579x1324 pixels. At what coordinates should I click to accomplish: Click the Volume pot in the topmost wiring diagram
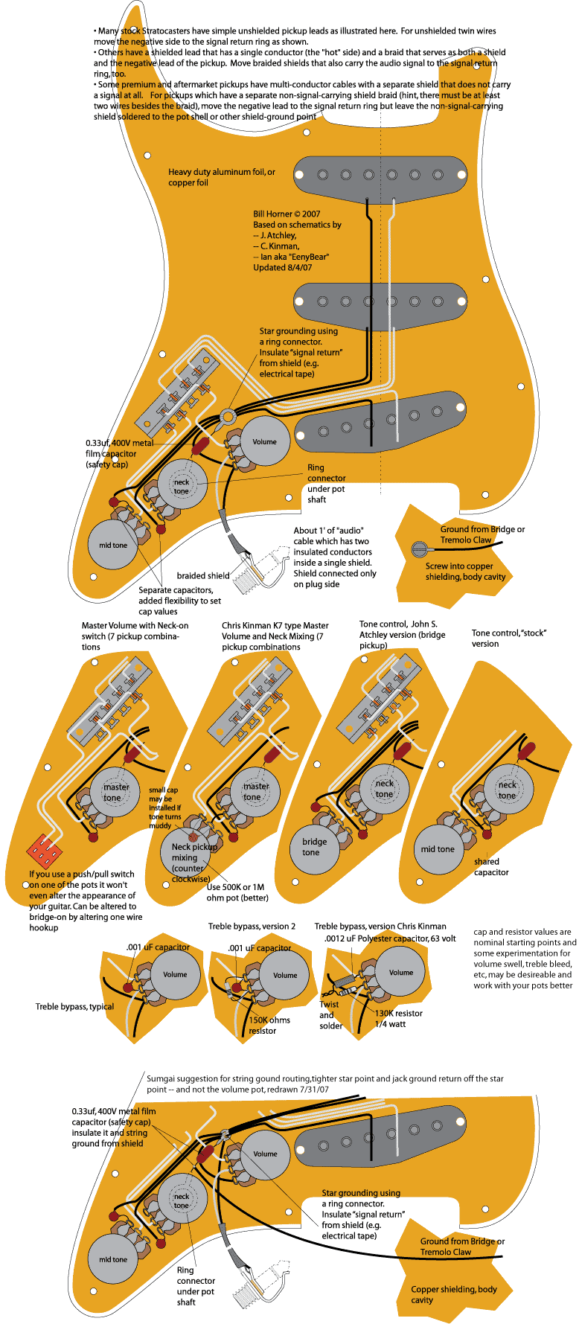(x=264, y=442)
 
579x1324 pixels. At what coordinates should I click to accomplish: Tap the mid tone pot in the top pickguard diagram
(x=113, y=545)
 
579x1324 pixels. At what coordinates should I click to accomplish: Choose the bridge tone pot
(x=314, y=847)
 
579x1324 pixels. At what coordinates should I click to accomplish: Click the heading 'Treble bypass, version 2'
(x=252, y=926)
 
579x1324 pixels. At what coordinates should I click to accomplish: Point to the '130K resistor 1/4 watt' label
(x=398, y=1018)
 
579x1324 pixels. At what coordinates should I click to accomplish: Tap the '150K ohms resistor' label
(x=269, y=1025)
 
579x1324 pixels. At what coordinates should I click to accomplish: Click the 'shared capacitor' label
(x=491, y=866)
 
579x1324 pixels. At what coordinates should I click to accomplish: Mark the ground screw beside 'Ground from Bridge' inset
(x=419, y=549)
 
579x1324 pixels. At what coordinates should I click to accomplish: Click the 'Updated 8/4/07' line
(x=282, y=267)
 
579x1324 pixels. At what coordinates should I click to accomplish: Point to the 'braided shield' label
(x=202, y=575)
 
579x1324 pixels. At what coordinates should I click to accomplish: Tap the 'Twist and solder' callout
(x=330, y=1015)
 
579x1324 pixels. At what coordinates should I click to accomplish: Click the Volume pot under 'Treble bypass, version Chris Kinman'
(x=400, y=972)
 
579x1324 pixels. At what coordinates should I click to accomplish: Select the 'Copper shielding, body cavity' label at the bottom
(x=453, y=1294)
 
